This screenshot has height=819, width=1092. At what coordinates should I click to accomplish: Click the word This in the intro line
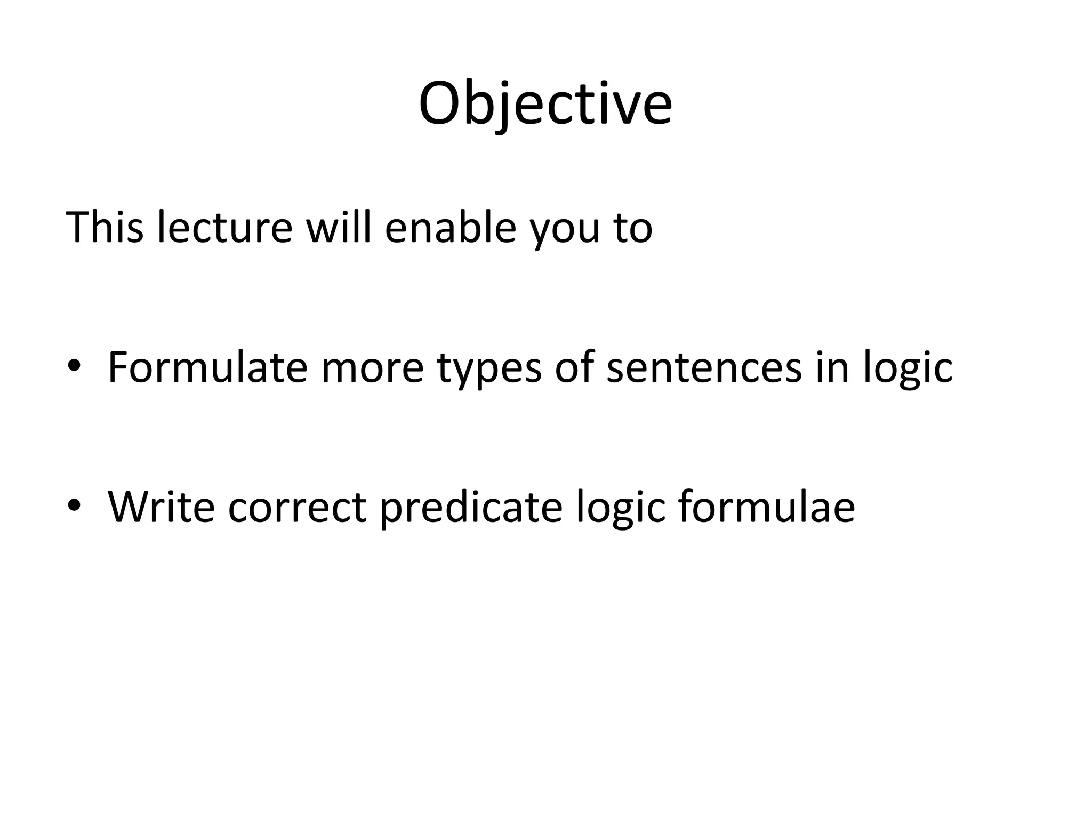[x=105, y=228]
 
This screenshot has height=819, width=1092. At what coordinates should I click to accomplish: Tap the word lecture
[x=225, y=228]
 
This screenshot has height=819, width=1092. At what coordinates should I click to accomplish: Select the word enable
[x=451, y=228]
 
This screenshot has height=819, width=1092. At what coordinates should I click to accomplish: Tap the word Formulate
[x=207, y=367]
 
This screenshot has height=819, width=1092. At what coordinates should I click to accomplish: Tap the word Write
[x=162, y=507]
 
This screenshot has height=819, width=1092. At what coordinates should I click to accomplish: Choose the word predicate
[x=471, y=508]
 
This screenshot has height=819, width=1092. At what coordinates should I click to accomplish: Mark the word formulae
[x=767, y=507]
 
